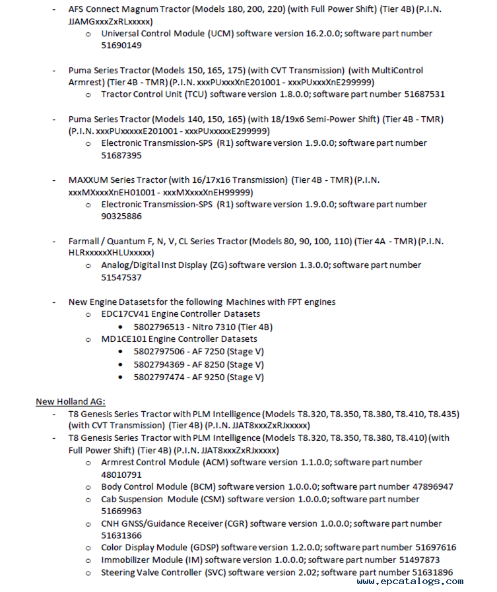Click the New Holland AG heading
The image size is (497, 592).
tap(71, 401)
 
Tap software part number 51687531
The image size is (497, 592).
tap(424, 94)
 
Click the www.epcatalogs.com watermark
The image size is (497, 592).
tap(409, 581)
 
